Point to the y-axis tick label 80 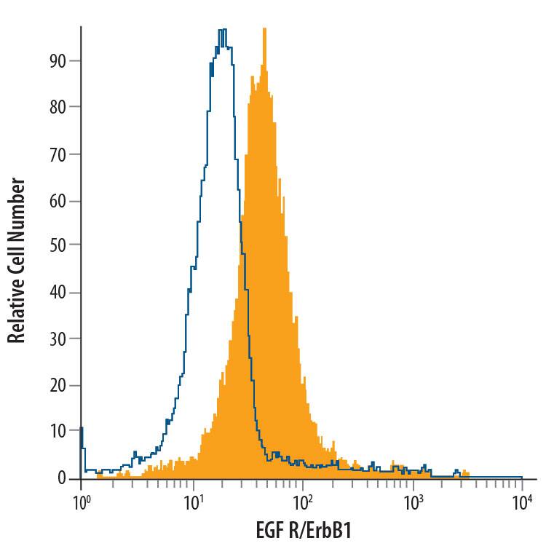60,107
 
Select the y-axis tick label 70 60,154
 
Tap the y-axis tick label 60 60,200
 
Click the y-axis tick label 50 60,246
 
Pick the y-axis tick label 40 60,293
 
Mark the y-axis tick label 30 60,339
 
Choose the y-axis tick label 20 60,385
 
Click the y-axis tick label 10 60,432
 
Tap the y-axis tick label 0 64,478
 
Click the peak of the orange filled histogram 264,29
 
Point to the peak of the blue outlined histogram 222,30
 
